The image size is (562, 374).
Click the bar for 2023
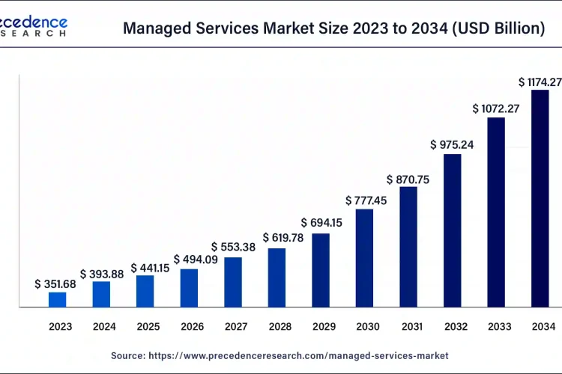(58, 299)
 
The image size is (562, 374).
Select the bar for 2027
(233, 282)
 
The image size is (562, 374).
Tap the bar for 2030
(364, 258)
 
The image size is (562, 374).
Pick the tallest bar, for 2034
(540, 198)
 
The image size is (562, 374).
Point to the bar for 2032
(452, 230)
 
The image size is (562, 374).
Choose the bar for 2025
(145, 291)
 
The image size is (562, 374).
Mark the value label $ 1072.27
(495, 108)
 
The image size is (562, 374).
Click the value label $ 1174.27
(539, 81)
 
